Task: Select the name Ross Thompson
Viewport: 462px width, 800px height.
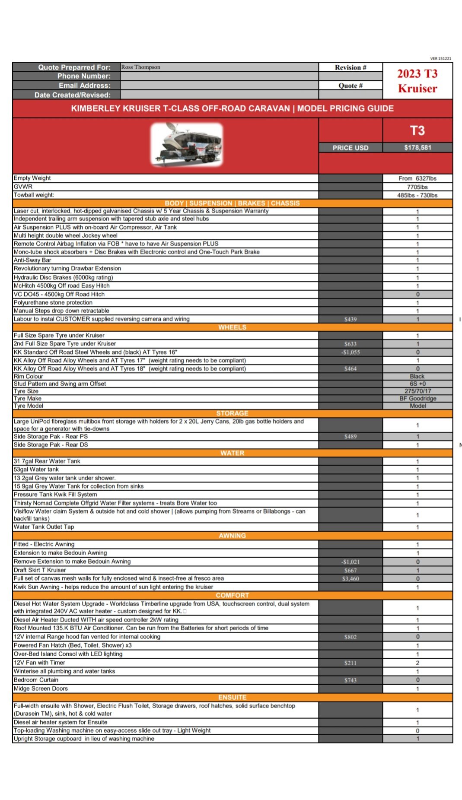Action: point(141,67)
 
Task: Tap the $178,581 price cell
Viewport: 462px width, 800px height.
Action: point(417,148)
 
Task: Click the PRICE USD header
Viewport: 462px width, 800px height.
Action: point(350,148)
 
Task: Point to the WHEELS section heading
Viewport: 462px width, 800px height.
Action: point(232,327)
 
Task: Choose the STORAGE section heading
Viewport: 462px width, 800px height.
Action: point(232,413)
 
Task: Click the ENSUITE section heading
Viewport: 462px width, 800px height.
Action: point(232,697)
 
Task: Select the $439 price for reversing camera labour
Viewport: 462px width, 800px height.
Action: point(350,319)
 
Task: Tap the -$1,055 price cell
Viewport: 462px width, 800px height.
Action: point(350,352)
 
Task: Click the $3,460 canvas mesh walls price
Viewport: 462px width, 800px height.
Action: point(350,579)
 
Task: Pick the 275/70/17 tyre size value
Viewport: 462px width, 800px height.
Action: point(417,391)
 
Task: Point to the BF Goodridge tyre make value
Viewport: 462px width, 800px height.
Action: point(417,398)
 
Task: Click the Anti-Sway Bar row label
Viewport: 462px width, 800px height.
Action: point(32,260)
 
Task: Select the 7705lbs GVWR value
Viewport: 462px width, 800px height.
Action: point(417,187)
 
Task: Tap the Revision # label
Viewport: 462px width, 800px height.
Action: point(350,67)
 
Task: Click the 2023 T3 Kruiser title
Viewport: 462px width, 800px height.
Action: point(417,81)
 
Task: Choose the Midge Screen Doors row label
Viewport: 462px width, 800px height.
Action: point(41,689)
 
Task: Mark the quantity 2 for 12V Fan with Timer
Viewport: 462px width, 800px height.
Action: point(417,663)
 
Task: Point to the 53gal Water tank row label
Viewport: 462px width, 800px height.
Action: point(36,470)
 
